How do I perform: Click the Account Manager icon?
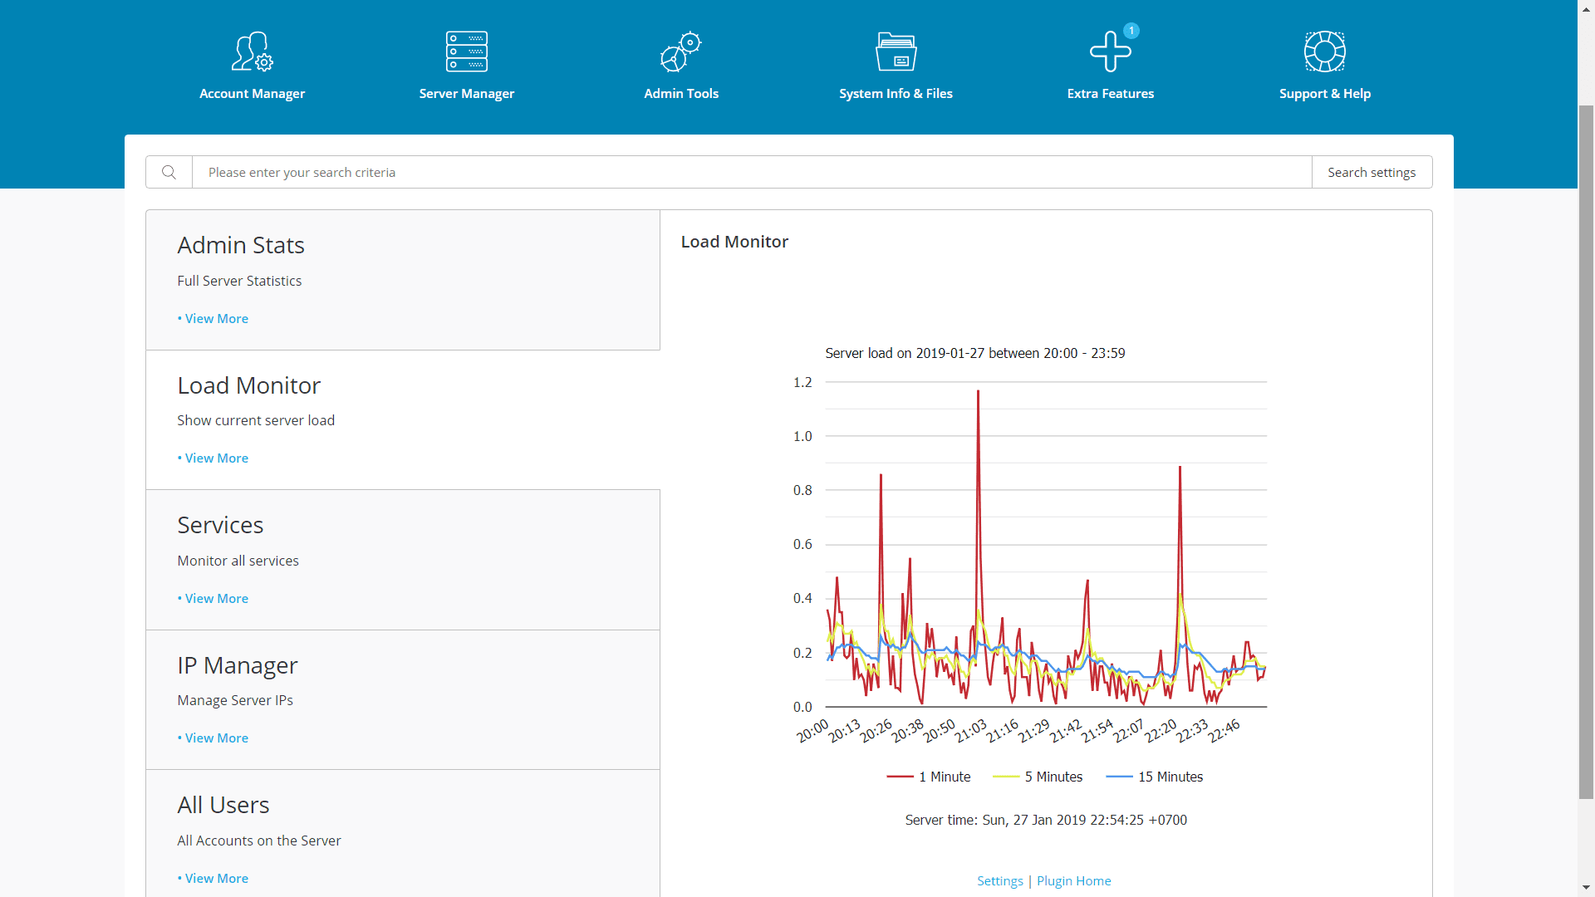[252, 52]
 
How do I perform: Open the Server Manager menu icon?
[466, 52]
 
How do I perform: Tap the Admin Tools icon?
[680, 52]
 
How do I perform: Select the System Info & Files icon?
[896, 52]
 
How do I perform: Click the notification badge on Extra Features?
[1131, 31]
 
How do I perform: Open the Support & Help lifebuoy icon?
[1324, 52]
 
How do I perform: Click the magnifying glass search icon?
[169, 172]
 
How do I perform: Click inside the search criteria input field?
[748, 172]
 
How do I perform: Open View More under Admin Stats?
[216, 319]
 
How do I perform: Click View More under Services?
[216, 599]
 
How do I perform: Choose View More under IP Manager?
[216, 738]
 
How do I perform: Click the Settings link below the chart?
[999, 881]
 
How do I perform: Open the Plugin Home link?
[1073, 881]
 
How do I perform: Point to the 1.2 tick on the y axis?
[802, 383]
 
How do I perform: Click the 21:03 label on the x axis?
[971, 731]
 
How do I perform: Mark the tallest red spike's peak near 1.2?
[978, 392]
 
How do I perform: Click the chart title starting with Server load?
[974, 354]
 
